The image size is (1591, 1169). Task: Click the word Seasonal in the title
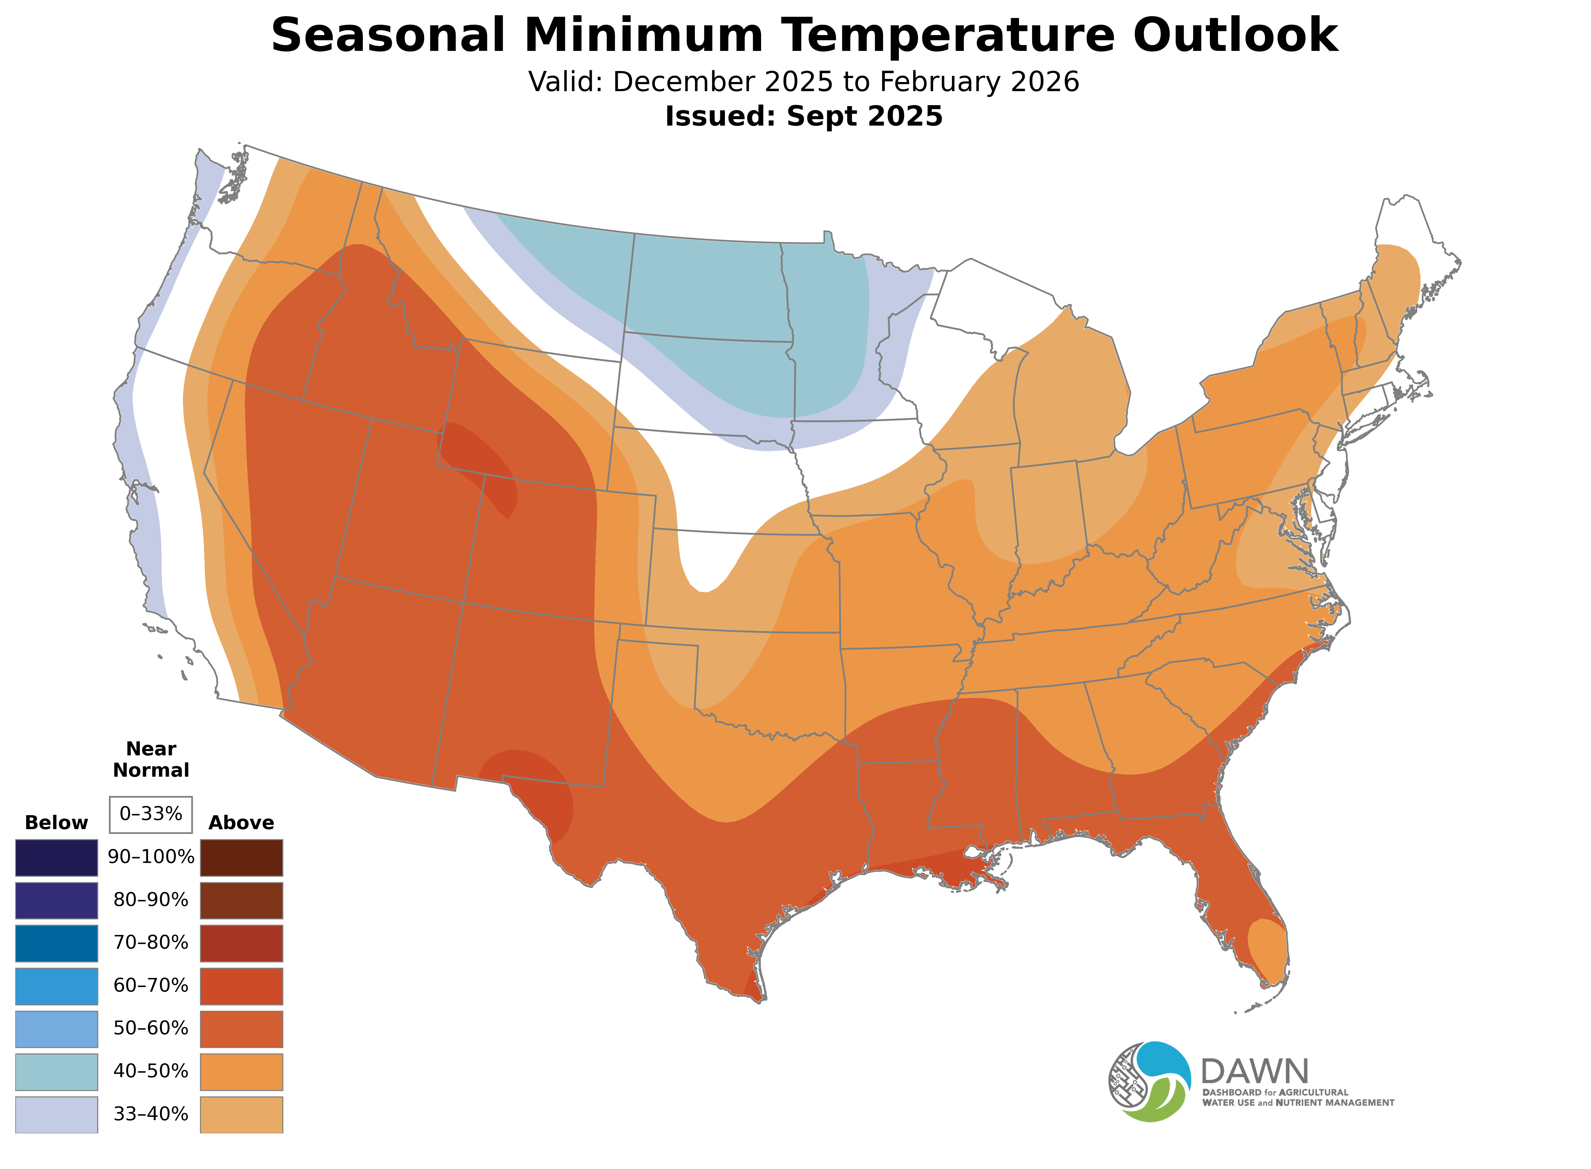coord(387,35)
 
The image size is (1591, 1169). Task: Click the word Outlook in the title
coord(1235,35)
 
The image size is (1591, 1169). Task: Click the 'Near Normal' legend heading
coord(151,759)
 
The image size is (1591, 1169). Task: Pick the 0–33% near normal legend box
coord(151,814)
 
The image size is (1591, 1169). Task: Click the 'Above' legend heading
coord(241,823)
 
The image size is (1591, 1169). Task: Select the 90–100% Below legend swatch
coord(57,858)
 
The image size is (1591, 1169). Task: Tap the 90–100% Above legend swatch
coord(241,858)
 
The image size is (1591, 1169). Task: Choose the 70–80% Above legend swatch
coord(241,943)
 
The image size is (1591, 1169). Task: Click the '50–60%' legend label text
coord(151,1028)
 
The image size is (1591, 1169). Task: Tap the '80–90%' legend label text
coord(151,900)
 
